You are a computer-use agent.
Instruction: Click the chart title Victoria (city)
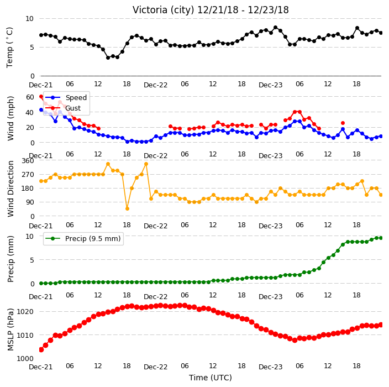click(163, 10)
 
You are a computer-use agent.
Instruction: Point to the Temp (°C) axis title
click(9, 48)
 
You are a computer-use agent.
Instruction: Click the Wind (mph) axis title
click(10, 118)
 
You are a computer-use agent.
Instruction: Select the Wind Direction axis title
click(10, 189)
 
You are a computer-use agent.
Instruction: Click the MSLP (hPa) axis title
click(10, 330)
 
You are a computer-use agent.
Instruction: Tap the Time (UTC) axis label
click(211, 378)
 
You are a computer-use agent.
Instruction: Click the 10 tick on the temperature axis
click(29, 19)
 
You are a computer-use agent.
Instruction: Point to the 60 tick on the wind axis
click(30, 97)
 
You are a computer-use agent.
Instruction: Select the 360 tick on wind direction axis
click(28, 161)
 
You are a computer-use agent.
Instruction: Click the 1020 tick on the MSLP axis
click(25, 312)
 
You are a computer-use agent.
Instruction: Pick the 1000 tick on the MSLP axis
click(25, 359)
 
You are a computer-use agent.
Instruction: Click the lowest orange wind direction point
click(127, 209)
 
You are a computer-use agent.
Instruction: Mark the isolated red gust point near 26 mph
click(343, 123)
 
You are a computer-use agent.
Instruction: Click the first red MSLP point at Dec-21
click(41, 349)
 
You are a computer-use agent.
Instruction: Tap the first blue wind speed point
click(41, 109)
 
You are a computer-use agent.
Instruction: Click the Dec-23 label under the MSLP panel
click(270, 367)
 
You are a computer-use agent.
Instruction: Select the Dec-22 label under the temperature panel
click(156, 85)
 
